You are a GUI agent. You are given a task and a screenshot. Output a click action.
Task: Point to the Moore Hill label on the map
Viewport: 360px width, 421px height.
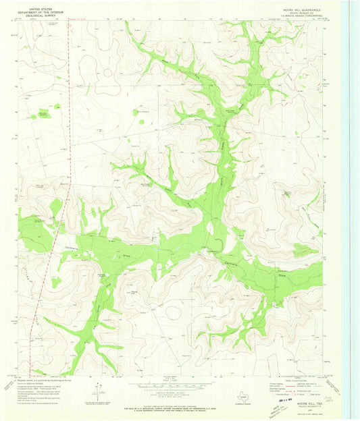point(287,192)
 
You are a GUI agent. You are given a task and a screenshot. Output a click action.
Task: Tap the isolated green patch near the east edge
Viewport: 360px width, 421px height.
point(305,250)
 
